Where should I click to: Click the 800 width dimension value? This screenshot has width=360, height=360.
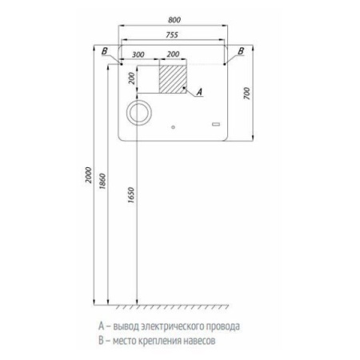pos(174,20)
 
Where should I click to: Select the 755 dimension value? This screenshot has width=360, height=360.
pos(172,35)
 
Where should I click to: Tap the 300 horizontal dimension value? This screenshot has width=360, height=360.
pos(138,54)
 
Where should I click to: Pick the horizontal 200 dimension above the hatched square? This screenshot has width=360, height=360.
pos(173,54)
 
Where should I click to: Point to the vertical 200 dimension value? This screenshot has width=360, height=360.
pos(132,78)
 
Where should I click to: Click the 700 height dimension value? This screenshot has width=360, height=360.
pos(247,94)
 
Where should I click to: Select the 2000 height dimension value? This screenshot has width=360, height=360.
pos(88,175)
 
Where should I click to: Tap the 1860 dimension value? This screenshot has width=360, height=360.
pos(102,182)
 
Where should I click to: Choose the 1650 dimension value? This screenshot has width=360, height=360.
pos(131,195)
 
